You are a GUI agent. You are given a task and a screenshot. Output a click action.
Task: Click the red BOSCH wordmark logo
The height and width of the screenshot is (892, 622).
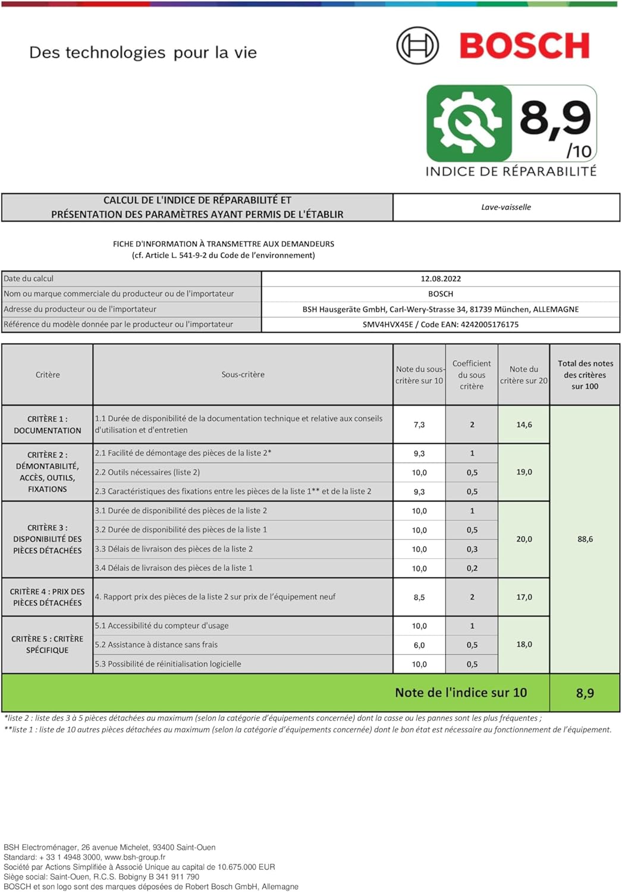pyautogui.click(x=524, y=46)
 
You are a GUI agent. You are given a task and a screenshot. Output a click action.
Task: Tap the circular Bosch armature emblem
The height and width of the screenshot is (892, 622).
pyautogui.click(x=417, y=46)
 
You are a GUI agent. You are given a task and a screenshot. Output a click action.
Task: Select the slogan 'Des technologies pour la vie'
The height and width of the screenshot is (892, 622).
pyautogui.click(x=143, y=52)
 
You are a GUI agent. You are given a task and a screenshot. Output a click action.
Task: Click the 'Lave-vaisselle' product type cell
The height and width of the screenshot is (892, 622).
pyautogui.click(x=506, y=207)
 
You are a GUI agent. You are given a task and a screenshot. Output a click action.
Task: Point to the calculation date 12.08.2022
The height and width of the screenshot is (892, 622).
pyautogui.click(x=441, y=278)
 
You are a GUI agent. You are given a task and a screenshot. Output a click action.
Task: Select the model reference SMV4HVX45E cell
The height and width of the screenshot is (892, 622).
pyautogui.click(x=441, y=324)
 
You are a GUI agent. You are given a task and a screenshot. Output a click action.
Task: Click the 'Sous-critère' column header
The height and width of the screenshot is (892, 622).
pyautogui.click(x=243, y=375)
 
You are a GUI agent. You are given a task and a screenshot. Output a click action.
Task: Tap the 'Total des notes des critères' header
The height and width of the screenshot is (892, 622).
pyautogui.click(x=585, y=375)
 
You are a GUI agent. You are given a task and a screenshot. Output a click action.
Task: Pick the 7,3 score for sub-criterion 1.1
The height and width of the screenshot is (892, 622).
pyautogui.click(x=419, y=425)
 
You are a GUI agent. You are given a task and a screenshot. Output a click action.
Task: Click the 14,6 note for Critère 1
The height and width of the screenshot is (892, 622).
pyautogui.click(x=524, y=425)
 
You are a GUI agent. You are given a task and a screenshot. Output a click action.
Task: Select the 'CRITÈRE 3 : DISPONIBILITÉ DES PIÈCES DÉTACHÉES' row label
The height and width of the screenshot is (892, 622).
pyautogui.click(x=48, y=539)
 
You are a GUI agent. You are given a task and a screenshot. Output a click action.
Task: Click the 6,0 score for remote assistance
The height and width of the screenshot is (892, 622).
pyautogui.click(x=419, y=645)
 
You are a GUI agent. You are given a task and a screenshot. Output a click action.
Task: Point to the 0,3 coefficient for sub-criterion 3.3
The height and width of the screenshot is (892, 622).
pyautogui.click(x=472, y=549)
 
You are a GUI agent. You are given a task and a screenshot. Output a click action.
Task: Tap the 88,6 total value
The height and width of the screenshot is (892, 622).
pyautogui.click(x=585, y=539)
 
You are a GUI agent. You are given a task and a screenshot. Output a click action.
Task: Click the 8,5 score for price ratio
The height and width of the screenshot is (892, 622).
pyautogui.click(x=419, y=597)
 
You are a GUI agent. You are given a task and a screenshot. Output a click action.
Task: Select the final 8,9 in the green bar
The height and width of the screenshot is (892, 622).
pyautogui.click(x=585, y=693)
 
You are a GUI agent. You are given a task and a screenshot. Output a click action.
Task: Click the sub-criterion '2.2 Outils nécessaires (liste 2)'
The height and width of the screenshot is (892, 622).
pyautogui.click(x=147, y=472)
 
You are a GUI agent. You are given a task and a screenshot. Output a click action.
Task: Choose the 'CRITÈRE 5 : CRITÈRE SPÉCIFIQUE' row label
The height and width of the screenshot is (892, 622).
pyautogui.click(x=48, y=644)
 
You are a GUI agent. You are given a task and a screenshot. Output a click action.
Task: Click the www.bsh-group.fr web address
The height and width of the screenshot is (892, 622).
pyautogui.click(x=135, y=857)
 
